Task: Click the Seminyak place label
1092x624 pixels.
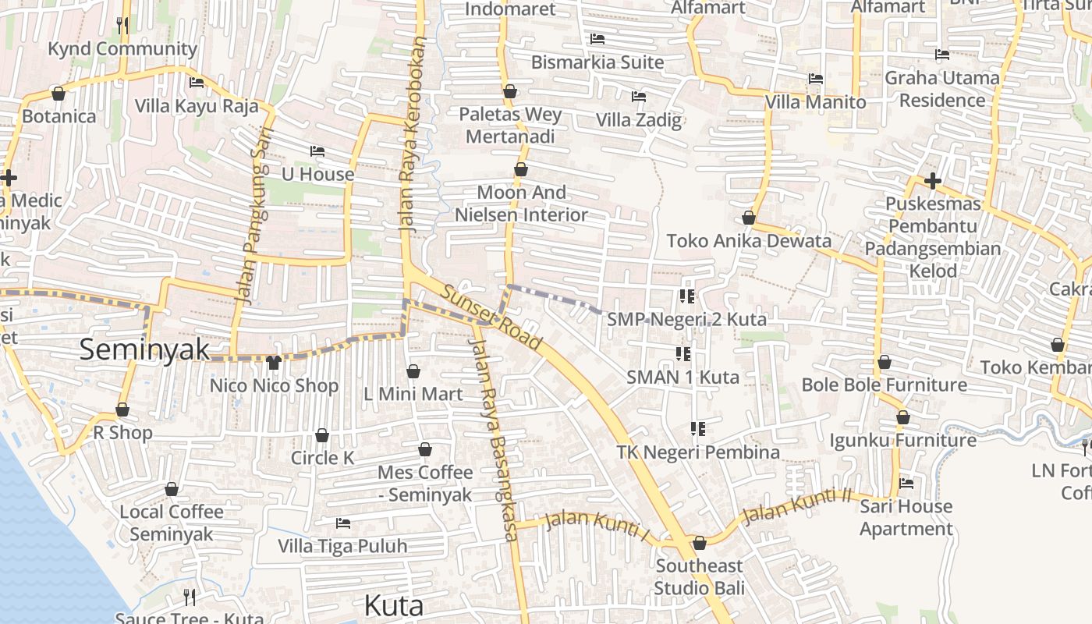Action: click(144, 349)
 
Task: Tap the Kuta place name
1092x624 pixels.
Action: click(394, 605)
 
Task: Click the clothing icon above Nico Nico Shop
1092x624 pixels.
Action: click(273, 362)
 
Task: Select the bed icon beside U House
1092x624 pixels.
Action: click(317, 151)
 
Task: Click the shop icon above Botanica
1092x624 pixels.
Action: click(58, 94)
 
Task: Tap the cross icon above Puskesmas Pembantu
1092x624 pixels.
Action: click(933, 182)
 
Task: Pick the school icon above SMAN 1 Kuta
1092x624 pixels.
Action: click(683, 354)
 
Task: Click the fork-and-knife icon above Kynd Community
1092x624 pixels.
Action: click(122, 25)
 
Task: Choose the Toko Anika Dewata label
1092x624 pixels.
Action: click(749, 241)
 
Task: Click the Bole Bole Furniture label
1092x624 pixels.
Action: click(885, 385)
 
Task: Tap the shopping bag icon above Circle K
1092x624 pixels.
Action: click(322, 435)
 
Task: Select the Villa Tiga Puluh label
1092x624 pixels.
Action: click(342, 546)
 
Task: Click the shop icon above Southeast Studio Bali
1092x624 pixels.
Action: click(700, 543)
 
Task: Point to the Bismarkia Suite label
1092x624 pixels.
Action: click(597, 62)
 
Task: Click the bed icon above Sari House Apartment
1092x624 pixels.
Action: click(906, 484)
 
